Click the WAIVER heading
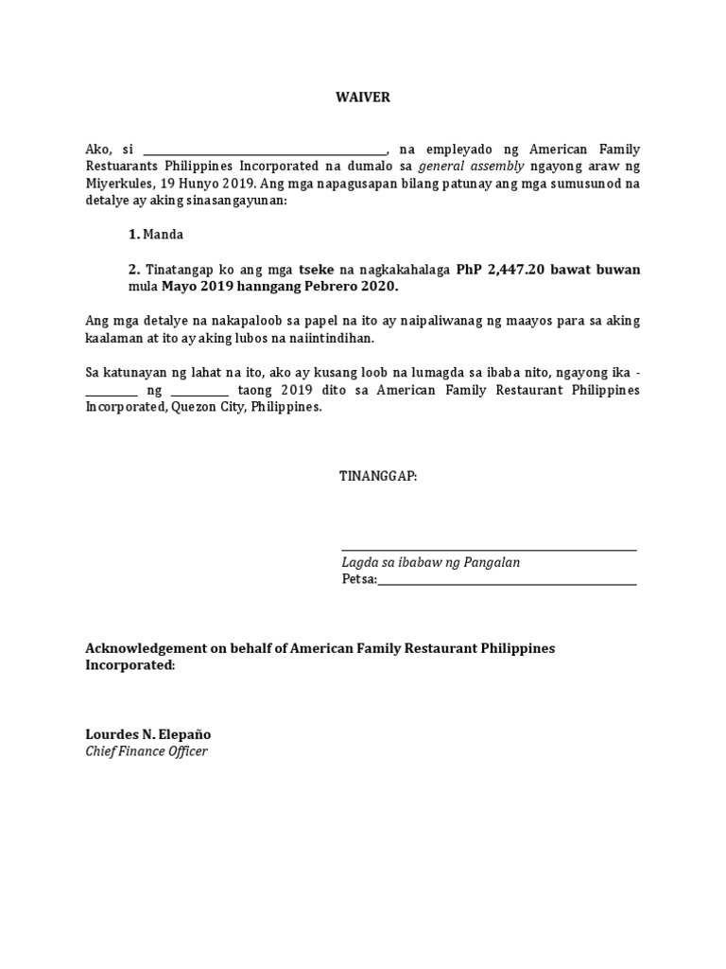(363, 97)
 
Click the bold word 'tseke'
(317, 270)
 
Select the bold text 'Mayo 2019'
(195, 287)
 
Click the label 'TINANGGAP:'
(378, 476)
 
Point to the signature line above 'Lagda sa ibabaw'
(489, 549)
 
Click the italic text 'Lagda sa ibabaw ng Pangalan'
(430, 563)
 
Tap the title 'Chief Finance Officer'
(146, 751)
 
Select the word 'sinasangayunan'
(234, 201)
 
